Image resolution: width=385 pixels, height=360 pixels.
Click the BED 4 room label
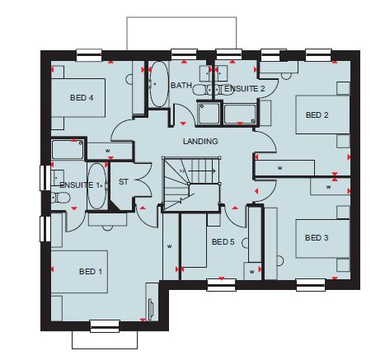pyautogui.click(x=82, y=98)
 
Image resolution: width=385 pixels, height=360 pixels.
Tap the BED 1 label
pyautogui.click(x=91, y=272)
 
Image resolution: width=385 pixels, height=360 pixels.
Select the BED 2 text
pyautogui.click(x=317, y=115)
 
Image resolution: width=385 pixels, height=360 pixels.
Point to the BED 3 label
pyautogui.click(x=317, y=237)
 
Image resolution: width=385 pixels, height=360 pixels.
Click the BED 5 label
pyautogui.click(x=223, y=242)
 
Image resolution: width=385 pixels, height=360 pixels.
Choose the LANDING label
pyautogui.click(x=200, y=142)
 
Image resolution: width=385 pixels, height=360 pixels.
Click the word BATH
pyautogui.click(x=181, y=86)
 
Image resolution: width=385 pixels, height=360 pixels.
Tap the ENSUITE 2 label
pyautogui.click(x=245, y=89)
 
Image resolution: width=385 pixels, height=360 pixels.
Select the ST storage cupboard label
pyautogui.click(x=124, y=182)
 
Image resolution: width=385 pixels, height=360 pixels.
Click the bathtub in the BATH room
pyautogui.click(x=159, y=84)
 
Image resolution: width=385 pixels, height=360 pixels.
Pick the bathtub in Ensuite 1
pyautogui.click(x=96, y=186)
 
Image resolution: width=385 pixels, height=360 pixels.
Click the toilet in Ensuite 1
pyautogui.click(x=60, y=198)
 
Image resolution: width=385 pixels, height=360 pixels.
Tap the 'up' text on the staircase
pyautogui.click(x=182, y=171)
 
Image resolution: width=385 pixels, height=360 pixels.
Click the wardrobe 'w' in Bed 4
pyautogui.click(x=108, y=151)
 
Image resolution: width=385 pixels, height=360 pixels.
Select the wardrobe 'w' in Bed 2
pyautogui.click(x=279, y=168)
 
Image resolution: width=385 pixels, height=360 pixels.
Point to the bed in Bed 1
pyautogui.click(x=79, y=272)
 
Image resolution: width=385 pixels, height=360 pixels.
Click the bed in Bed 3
pyautogui.click(x=322, y=238)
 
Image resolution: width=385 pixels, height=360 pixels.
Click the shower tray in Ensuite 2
pyautogui.click(x=209, y=113)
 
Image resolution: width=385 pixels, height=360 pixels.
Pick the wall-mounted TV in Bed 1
pyautogui.click(x=151, y=306)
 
